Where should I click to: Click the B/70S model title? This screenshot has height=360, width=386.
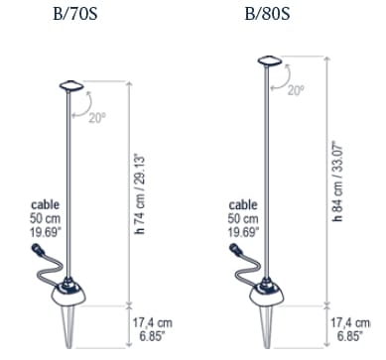pos(75,14)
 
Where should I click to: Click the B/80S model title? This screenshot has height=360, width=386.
pos(267,14)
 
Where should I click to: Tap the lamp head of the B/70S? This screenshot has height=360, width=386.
pos(70,85)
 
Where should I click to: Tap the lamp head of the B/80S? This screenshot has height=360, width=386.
pos(270,60)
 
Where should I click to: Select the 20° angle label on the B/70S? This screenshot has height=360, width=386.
pos(97,117)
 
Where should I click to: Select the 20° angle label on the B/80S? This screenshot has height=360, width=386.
pos(296,90)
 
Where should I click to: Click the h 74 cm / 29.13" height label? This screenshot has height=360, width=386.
pos(140,194)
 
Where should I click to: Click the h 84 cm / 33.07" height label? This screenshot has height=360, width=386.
pos(337,181)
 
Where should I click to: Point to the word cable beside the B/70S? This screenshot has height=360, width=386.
pos(46,204)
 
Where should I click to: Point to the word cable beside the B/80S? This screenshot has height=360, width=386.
pos(243,204)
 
